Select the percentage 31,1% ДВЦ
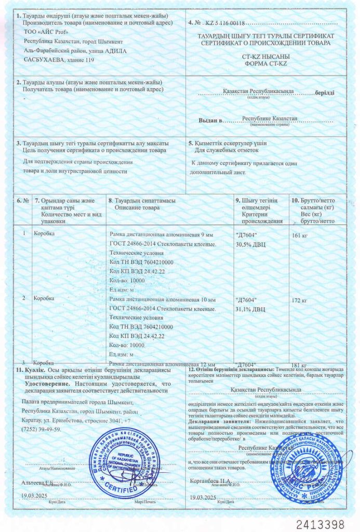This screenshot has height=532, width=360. click(x=250, y=309)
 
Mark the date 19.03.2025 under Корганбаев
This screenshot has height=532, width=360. click(x=203, y=497)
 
